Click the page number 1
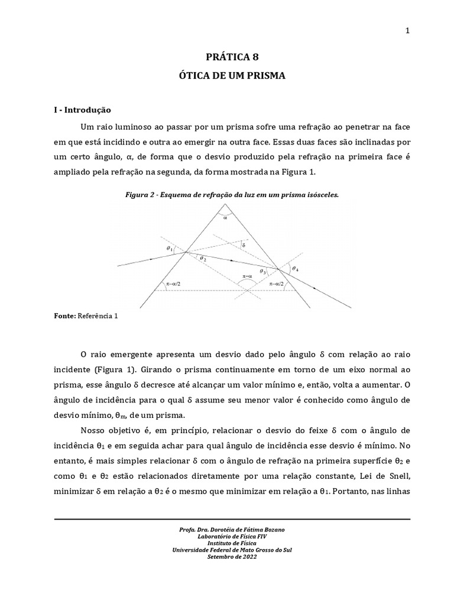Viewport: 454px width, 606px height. click(x=407, y=31)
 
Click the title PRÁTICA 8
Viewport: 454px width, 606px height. click(x=232, y=57)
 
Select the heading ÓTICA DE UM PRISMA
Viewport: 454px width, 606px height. click(x=232, y=76)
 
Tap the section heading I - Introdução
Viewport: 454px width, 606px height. click(x=82, y=109)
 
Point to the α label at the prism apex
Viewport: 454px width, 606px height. click(x=225, y=217)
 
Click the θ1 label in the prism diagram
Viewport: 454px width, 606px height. click(x=170, y=249)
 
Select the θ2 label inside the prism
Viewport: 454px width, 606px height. click(x=203, y=258)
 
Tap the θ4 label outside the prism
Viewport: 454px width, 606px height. click(x=296, y=269)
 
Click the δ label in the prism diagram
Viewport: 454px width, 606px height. click(x=244, y=244)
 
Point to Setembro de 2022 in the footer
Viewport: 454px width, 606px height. click(x=232, y=556)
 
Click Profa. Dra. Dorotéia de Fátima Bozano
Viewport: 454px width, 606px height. click(x=232, y=529)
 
